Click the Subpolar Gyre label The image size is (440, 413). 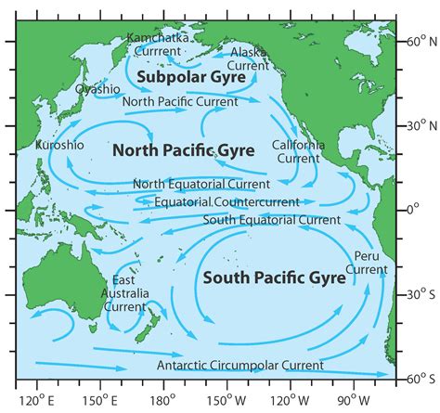click(x=192, y=78)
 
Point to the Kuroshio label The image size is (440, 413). click(x=58, y=146)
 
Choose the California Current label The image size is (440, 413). click(x=298, y=151)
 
